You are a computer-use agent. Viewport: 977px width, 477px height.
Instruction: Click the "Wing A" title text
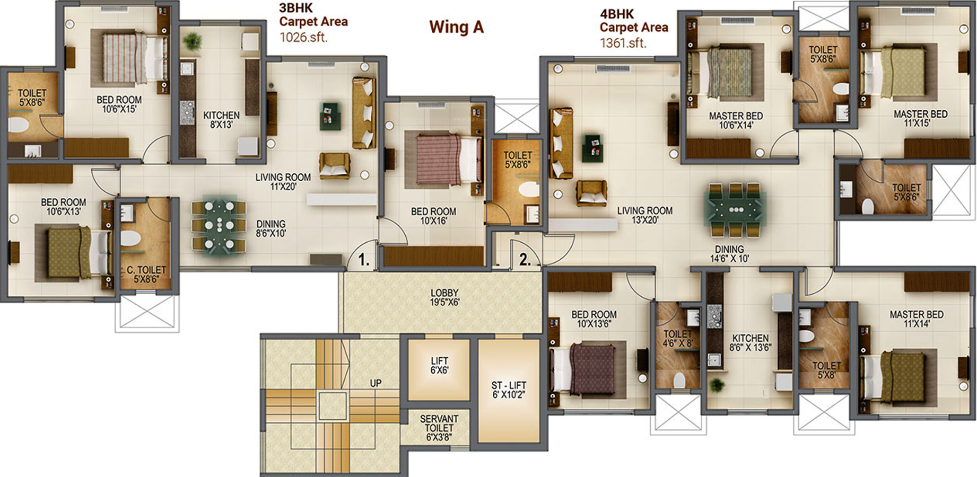(x=456, y=27)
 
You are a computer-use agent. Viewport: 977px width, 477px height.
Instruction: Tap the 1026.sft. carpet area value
(x=303, y=37)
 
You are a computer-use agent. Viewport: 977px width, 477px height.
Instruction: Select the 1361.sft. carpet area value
(x=623, y=43)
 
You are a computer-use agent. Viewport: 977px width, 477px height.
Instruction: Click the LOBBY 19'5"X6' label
(x=444, y=297)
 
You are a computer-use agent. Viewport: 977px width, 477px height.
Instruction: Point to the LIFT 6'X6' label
(x=439, y=366)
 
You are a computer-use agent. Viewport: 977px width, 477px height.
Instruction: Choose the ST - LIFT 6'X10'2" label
(x=509, y=390)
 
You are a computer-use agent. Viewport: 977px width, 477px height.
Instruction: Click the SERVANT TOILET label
(x=439, y=428)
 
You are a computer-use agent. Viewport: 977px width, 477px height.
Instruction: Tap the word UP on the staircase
(x=376, y=383)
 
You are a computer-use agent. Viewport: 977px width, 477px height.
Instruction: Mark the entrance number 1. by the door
(x=364, y=260)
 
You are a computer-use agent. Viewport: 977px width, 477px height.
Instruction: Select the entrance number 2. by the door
(x=525, y=260)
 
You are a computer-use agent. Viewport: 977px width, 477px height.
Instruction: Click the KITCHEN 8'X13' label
(x=222, y=120)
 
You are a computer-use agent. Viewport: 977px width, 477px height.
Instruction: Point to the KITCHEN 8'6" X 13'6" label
(x=751, y=342)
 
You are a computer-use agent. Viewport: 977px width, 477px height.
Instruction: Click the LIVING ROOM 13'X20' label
(x=645, y=215)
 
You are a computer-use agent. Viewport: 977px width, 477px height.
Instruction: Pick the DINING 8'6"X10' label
(x=271, y=228)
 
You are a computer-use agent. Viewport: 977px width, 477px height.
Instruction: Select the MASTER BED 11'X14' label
(x=917, y=319)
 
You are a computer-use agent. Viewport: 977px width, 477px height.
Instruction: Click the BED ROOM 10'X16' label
(x=433, y=216)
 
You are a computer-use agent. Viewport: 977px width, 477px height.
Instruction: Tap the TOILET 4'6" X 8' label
(x=678, y=338)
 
